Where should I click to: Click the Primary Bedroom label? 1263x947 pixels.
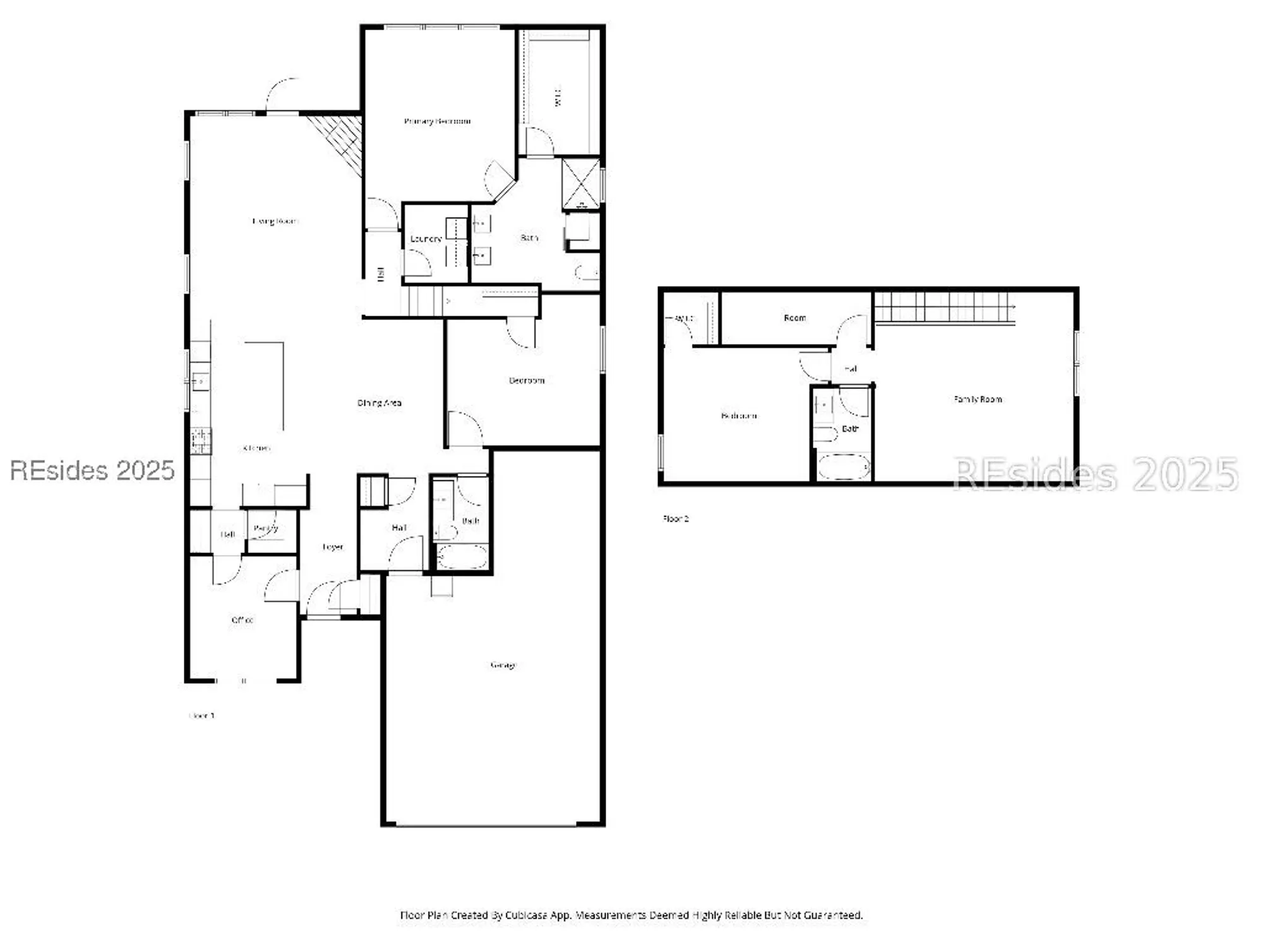437,121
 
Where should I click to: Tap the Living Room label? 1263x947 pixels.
275,221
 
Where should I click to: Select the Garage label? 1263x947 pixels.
503,665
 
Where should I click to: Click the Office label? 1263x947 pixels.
242,620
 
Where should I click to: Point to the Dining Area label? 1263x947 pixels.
379,403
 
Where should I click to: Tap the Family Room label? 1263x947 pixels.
978,399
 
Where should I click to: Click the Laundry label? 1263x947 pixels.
426,239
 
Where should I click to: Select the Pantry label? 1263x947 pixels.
265,528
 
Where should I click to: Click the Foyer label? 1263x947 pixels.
333,547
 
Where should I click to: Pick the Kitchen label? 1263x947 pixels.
256,448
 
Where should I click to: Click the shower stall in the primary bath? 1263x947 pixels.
581,184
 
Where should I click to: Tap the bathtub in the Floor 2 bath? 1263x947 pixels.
843,467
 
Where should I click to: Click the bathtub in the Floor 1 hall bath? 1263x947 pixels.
462,557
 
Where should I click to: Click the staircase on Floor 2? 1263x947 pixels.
944,307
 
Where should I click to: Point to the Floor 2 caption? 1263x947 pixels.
676,518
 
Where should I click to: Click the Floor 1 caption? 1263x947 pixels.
202,715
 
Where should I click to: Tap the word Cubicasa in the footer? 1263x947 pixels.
531,915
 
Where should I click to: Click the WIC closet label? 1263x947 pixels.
558,97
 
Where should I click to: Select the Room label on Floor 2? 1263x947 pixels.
794,318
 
